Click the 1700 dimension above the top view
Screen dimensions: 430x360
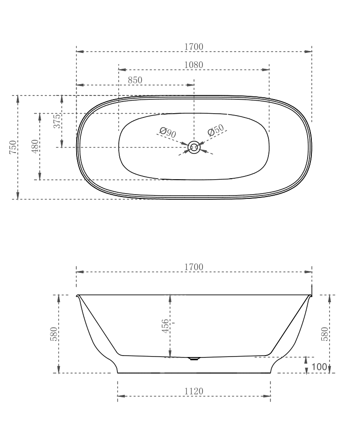pyautogui.click(x=194, y=46)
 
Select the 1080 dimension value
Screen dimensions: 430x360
pyautogui.click(x=194, y=65)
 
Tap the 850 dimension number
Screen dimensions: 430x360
pyautogui.click(x=135, y=80)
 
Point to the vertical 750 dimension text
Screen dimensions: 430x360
pyautogui.click(x=14, y=147)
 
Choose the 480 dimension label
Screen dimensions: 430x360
pyautogui.click(x=35, y=147)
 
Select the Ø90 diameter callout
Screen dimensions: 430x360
pyautogui.click(x=167, y=132)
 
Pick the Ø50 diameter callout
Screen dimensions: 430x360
pyautogui.click(x=216, y=131)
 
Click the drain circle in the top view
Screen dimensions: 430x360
pyautogui.click(x=194, y=147)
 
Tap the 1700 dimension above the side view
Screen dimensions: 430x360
pyautogui.click(x=194, y=267)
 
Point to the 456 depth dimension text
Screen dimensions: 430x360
pyautogui.click(x=165, y=326)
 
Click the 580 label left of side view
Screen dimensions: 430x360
pyautogui.click(x=54, y=334)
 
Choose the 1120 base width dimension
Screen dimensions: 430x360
pyautogui.click(x=194, y=391)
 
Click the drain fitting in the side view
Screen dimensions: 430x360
pyautogui.click(x=194, y=359)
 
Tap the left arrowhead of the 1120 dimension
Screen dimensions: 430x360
pyautogui.click(x=121, y=396)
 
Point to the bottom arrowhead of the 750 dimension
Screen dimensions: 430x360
pyautogui.click(x=18, y=196)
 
